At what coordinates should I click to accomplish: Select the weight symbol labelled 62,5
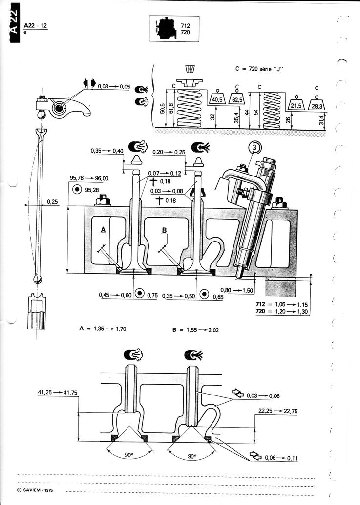pyautogui.click(x=237, y=98)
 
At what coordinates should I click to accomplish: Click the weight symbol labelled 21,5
pyautogui.click(x=296, y=103)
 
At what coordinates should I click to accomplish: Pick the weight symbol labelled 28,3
pyautogui.click(x=317, y=103)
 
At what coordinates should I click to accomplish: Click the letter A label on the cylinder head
pyautogui.click(x=103, y=229)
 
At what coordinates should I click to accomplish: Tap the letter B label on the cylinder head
pyautogui.click(x=165, y=230)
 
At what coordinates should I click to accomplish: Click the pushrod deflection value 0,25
pyautogui.click(x=52, y=202)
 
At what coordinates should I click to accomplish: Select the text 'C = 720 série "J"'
pyautogui.click(x=260, y=69)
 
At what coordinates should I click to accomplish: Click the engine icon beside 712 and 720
pyautogui.click(x=166, y=29)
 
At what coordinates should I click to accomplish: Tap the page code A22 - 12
pyautogui.click(x=35, y=25)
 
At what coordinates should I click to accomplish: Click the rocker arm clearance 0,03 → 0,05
pyautogui.click(x=114, y=87)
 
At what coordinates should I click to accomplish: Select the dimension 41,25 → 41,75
pyautogui.click(x=58, y=392)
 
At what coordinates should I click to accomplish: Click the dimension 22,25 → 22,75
pyautogui.click(x=278, y=411)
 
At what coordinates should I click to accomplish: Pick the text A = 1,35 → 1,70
pyautogui.click(x=103, y=329)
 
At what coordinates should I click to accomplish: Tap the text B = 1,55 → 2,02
pyautogui.click(x=195, y=330)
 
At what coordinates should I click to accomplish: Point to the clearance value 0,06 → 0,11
pyautogui.click(x=281, y=458)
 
